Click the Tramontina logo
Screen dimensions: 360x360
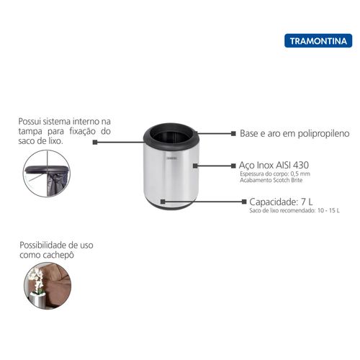pos(318,41)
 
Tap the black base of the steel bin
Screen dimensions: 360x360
pos(171,207)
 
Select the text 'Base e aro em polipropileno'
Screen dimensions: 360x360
pos(294,133)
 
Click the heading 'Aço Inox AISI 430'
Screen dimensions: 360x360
pos(274,165)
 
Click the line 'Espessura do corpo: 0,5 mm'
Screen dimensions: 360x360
pos(275,174)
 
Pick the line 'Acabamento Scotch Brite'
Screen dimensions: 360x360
pos(271,180)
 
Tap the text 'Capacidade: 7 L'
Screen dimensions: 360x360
pos(281,202)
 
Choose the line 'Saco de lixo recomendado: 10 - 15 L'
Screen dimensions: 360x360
pos(294,211)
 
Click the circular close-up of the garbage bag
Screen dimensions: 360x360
pos(47,174)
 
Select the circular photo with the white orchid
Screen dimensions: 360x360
pos(48,286)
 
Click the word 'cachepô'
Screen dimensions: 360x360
pos(58,255)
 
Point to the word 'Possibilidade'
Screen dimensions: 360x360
pos(43,246)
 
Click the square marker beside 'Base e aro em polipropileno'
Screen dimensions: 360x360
pos(233,133)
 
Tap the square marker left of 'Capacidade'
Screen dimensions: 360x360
pos(244,202)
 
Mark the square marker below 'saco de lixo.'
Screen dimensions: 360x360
pos(95,143)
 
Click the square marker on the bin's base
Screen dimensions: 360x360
pos(163,202)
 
